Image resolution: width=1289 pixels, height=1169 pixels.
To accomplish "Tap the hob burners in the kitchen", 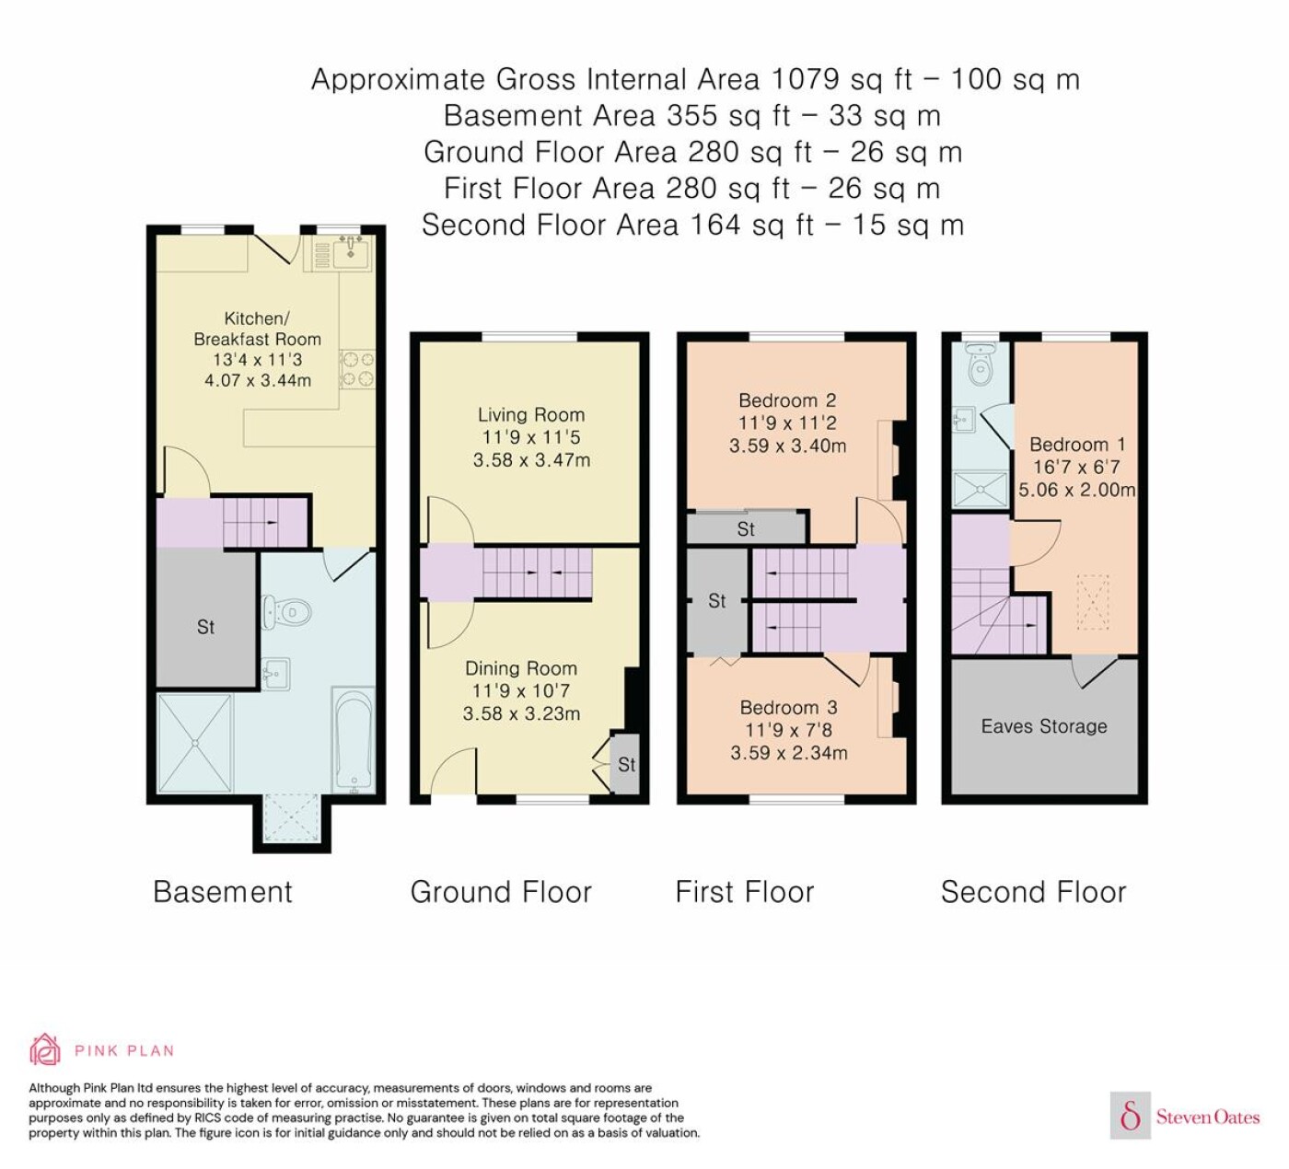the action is coord(356,368).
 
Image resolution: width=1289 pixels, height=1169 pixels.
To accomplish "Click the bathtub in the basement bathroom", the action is coord(353,739).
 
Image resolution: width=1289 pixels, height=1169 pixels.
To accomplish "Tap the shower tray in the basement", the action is coord(195,743).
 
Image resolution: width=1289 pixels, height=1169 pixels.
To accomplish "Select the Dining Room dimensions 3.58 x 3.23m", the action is coord(521,714).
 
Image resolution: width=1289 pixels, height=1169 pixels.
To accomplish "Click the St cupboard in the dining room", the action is coord(625,764).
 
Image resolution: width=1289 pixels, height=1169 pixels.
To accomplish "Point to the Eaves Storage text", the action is coord(1043,726).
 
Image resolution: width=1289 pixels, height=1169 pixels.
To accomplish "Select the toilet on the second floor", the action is coord(980,364).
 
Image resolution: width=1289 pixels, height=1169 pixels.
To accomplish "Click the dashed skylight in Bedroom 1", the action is coord(1092,602).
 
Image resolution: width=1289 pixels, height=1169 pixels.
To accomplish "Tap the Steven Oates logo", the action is coord(1185,1117).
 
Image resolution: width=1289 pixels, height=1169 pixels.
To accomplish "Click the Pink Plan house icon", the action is coord(45,1050).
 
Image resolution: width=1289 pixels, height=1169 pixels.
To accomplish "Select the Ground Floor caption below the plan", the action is coord(501,892).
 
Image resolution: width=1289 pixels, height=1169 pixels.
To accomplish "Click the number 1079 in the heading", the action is coord(805,79).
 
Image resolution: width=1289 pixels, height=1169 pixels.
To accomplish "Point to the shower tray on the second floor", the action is coord(980,490).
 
